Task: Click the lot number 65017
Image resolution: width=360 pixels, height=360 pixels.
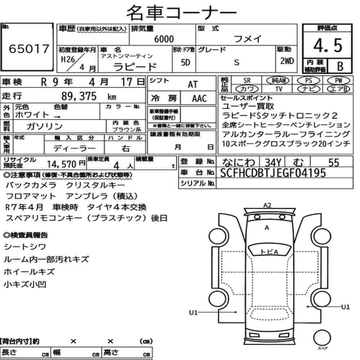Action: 29,49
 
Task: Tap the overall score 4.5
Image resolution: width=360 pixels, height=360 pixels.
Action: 328,45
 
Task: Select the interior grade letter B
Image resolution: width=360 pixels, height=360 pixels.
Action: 340,66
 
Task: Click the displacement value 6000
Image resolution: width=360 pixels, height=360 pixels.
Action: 164,39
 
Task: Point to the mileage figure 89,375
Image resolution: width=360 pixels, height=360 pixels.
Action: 79,96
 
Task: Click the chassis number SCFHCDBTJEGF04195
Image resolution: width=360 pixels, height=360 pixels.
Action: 273,173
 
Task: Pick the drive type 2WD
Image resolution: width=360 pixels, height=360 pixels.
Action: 287,61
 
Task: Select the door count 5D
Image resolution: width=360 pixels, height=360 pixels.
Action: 185,62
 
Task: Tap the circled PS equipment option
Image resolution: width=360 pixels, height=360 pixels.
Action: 309,81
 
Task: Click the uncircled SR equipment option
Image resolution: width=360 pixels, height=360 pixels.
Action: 247,81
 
